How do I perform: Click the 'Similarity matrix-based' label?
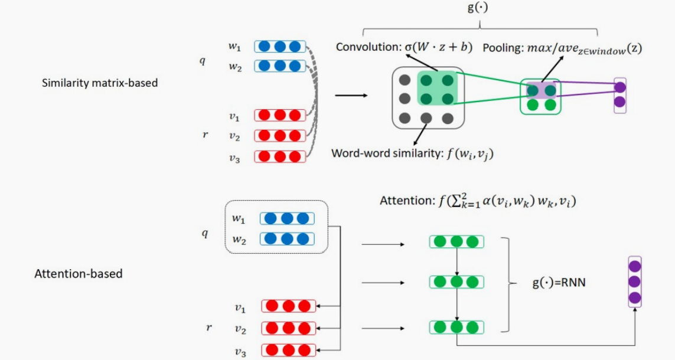click(x=100, y=83)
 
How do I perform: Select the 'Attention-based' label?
click(x=79, y=274)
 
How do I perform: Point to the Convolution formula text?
click(x=404, y=47)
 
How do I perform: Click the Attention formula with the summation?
click(x=478, y=201)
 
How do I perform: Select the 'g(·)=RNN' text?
click(x=559, y=283)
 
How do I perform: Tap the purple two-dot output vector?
click(x=619, y=94)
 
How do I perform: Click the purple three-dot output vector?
click(x=634, y=281)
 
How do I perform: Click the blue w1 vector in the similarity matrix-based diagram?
click(x=280, y=46)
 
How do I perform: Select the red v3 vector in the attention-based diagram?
click(x=288, y=350)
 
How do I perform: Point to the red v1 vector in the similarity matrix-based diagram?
click(x=280, y=115)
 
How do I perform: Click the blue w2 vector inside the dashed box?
click(x=287, y=239)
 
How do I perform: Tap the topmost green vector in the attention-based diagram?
click(x=456, y=241)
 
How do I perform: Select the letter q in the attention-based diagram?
click(x=205, y=233)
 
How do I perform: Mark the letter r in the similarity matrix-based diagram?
click(x=205, y=135)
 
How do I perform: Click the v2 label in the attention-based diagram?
click(x=240, y=329)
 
